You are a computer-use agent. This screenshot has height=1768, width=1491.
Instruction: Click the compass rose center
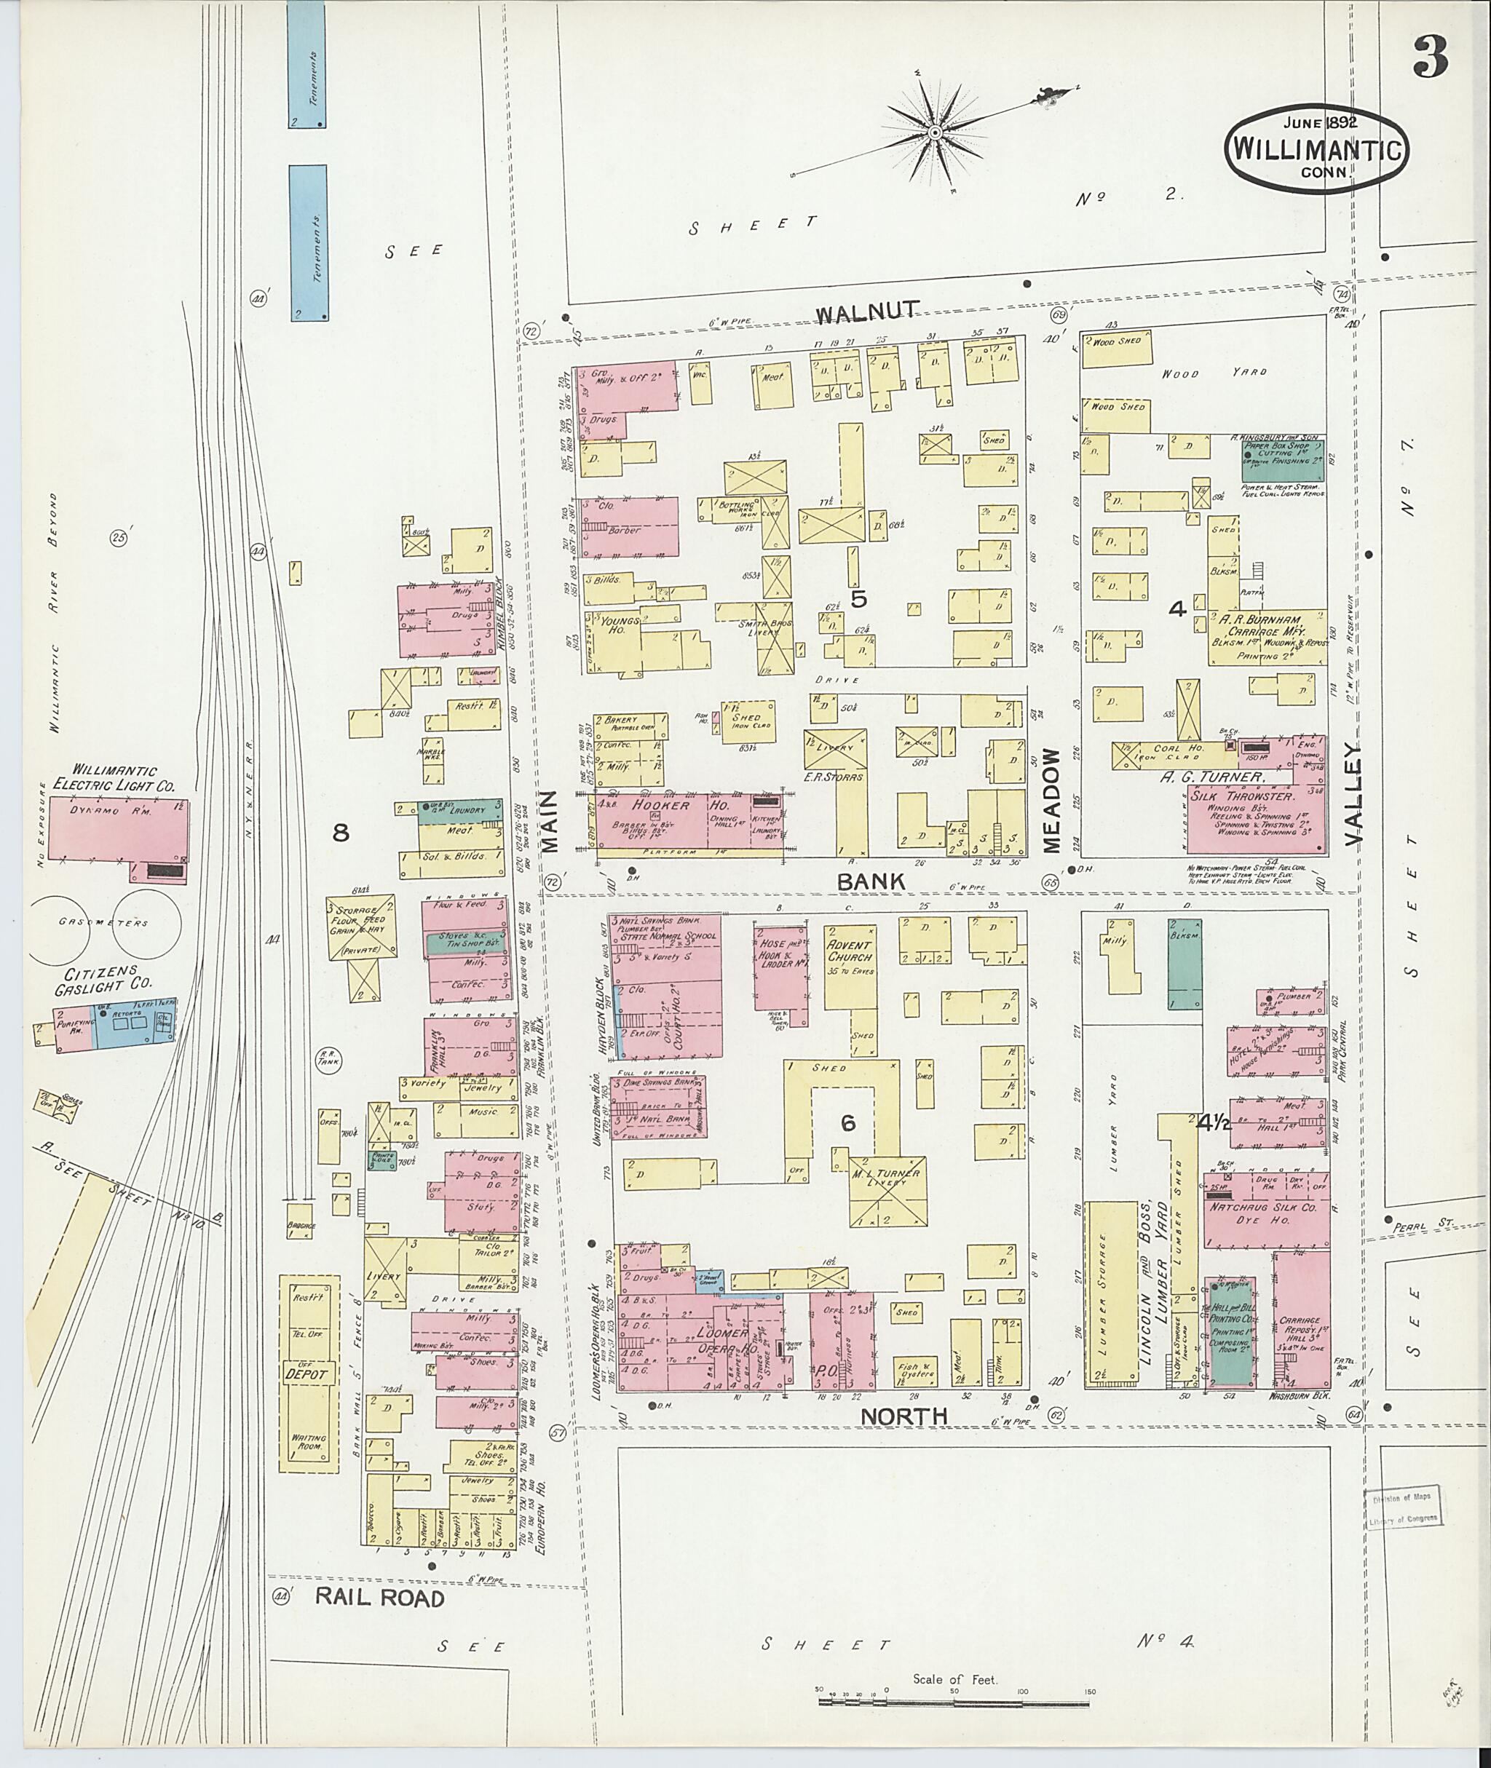(935, 132)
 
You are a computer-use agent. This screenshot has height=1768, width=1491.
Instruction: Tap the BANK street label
(871, 881)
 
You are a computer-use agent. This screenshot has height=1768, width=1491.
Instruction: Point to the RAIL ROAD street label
(379, 1598)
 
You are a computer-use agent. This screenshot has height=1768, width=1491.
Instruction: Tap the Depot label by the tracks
(309, 1375)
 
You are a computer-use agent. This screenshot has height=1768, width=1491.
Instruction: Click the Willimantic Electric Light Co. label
(114, 778)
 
